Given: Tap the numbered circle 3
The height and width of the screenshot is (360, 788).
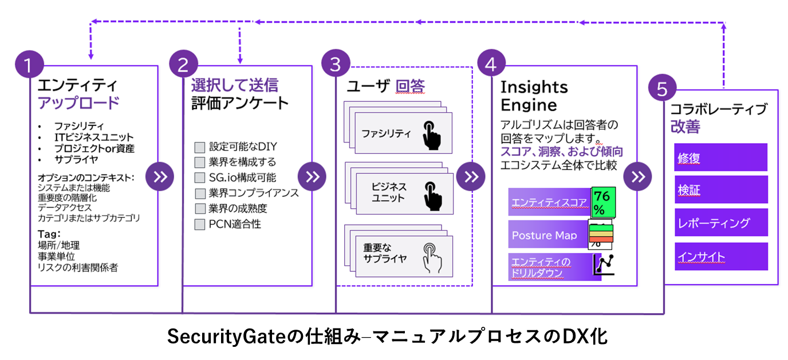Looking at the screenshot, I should point(336,64).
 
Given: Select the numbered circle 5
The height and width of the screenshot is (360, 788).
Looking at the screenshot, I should point(662,89).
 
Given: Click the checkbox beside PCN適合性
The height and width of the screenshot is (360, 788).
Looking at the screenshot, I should point(199,224).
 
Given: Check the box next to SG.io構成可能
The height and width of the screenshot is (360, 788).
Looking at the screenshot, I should point(199,177).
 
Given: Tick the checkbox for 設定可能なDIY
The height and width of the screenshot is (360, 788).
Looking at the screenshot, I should point(199,147).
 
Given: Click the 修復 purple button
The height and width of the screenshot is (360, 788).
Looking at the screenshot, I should point(720,157).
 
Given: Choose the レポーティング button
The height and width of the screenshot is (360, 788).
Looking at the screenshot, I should point(720,222).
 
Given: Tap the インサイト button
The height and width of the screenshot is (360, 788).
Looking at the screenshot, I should point(720,256).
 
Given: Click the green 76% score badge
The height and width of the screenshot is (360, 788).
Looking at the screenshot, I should point(603,202).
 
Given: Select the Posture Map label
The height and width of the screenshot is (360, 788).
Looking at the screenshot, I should point(544,235).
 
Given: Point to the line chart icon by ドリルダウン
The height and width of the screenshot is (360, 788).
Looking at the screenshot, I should point(604,264).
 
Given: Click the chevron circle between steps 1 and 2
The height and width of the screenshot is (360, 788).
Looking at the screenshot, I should point(160,176).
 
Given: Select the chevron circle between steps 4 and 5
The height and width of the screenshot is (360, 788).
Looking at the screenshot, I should point(637,176).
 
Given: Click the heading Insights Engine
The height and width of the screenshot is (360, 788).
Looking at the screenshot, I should point(534,96).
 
